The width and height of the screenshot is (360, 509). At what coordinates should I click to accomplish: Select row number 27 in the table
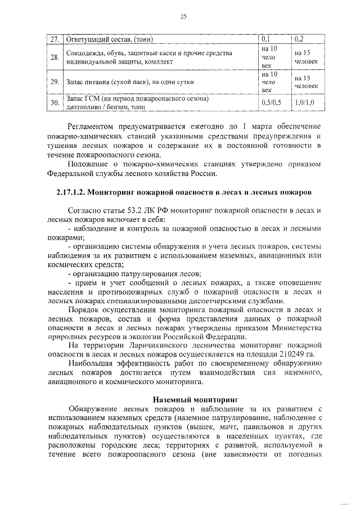pyautogui.click(x=54, y=39)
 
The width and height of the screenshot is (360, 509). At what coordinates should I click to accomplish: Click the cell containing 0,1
pyautogui.click(x=266, y=39)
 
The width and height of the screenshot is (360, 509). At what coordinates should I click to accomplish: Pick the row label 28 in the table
pyautogui.click(x=54, y=57)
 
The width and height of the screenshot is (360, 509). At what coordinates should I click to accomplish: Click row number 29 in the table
pyautogui.click(x=54, y=82)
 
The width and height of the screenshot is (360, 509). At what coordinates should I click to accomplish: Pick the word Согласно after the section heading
pyautogui.click(x=86, y=210)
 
